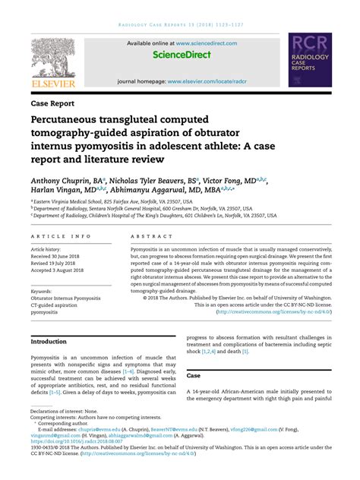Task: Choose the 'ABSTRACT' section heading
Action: click(x=148, y=237)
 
